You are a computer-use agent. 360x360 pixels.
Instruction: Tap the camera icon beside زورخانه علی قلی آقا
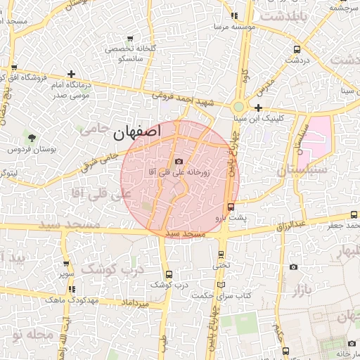click(x=179, y=162)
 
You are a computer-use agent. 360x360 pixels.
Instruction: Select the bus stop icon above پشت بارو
click(x=231, y=206)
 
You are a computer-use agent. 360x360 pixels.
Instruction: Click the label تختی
click(x=221, y=266)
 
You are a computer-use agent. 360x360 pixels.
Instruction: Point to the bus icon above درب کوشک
click(x=168, y=274)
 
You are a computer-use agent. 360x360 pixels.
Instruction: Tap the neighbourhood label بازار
click(x=301, y=289)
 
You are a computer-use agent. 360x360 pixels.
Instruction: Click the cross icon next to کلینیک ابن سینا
click(x=259, y=108)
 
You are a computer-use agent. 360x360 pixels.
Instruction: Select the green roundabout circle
click(x=239, y=107)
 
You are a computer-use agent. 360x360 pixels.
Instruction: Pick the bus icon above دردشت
click(x=297, y=50)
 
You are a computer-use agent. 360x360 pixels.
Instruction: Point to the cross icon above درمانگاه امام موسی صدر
click(x=71, y=73)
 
